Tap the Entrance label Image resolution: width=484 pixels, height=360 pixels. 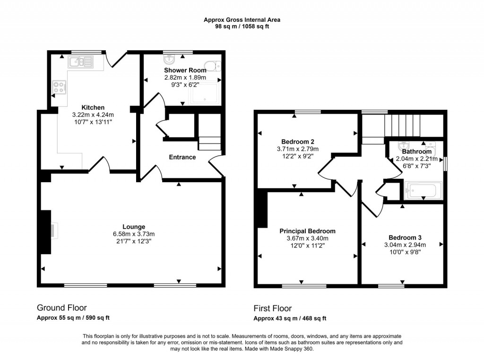pyautogui.click(x=182, y=157)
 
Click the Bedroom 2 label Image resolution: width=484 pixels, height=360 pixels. pyautogui.click(x=298, y=141)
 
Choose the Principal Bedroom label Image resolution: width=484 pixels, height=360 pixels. pyautogui.click(x=307, y=231)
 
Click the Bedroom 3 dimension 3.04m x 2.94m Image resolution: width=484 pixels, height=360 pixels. pyautogui.click(x=405, y=245)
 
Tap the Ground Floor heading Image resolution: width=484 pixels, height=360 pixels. pyautogui.click(x=61, y=308)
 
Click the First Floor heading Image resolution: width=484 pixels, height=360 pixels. pyautogui.click(x=273, y=308)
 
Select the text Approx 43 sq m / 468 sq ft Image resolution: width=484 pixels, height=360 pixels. pyautogui.click(x=290, y=318)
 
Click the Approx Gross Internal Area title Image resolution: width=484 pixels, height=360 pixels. pyautogui.click(x=242, y=20)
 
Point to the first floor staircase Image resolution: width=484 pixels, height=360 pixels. pyautogui.click(x=402, y=125)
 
